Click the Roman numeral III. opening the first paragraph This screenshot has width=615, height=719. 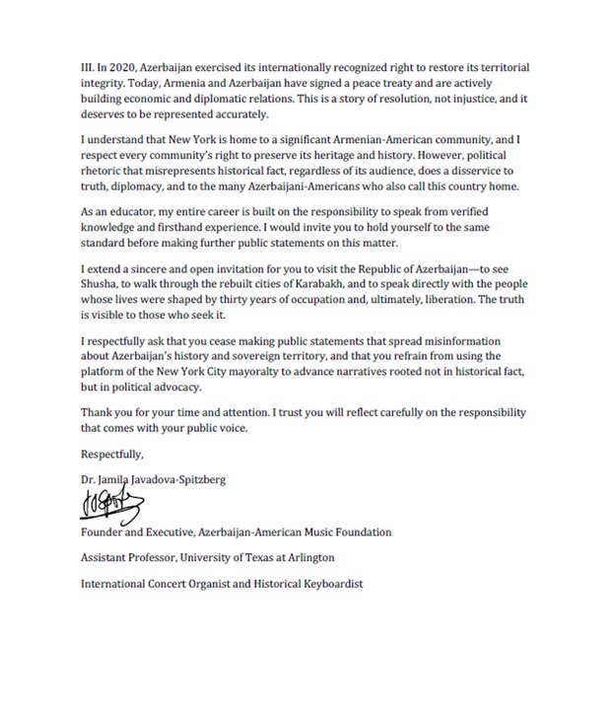(x=88, y=67)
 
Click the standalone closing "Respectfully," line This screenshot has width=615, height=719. (x=112, y=455)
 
